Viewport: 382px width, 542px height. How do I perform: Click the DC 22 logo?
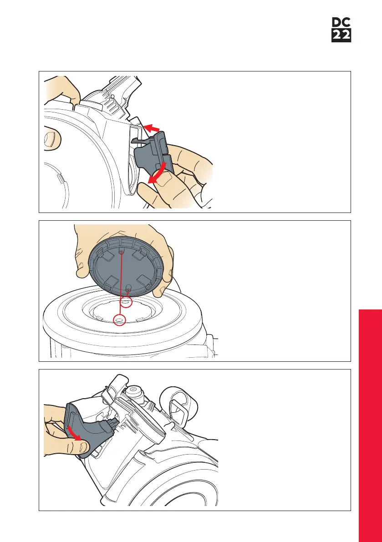coord(341,30)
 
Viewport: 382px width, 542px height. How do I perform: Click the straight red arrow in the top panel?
coord(151,128)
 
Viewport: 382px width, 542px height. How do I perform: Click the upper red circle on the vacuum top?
coord(126,303)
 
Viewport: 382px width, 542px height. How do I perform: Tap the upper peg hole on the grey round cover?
coord(121,253)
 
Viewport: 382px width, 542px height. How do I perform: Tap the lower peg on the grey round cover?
coord(128,289)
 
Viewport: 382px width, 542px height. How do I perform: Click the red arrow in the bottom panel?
coord(75,433)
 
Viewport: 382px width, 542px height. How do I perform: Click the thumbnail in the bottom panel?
coord(84,448)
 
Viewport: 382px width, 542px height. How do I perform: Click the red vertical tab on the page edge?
coord(370,425)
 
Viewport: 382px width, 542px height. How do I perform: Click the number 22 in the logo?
coord(341,35)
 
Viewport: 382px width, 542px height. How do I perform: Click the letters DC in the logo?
coord(341,23)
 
